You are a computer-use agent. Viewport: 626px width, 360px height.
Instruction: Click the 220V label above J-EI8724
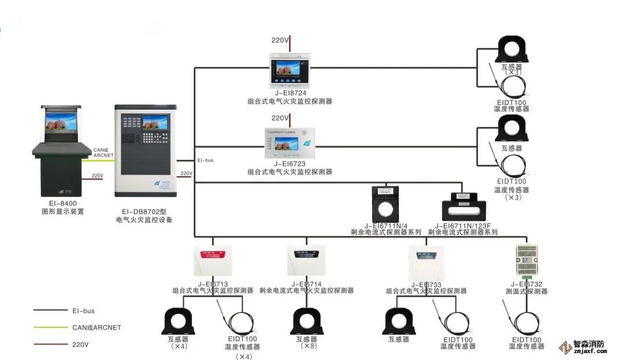281,41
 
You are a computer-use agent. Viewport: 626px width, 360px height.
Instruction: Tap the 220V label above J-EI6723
281,118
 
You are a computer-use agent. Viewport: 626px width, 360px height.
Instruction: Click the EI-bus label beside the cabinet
205,160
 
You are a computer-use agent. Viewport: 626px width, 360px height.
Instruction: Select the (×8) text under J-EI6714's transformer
307,346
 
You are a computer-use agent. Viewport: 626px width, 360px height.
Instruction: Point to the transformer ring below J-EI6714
307,321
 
